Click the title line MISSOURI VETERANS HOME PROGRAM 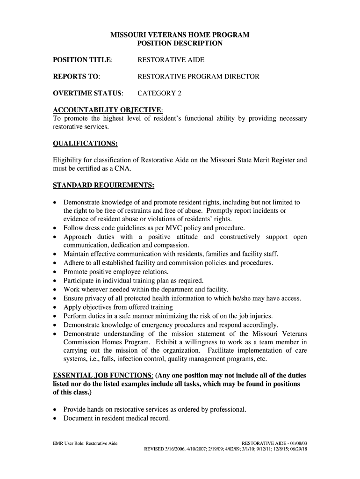180,35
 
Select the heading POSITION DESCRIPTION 180,44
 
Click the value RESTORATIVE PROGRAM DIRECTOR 198,77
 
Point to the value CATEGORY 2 159,93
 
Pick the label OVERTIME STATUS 87,93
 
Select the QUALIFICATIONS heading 85,143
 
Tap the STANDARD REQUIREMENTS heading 103,186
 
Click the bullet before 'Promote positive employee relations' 56,272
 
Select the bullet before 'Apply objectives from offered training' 56,307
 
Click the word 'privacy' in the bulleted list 97,298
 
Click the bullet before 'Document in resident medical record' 56,419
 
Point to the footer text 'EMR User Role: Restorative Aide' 85,443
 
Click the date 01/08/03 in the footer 296,443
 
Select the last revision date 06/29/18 298,450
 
